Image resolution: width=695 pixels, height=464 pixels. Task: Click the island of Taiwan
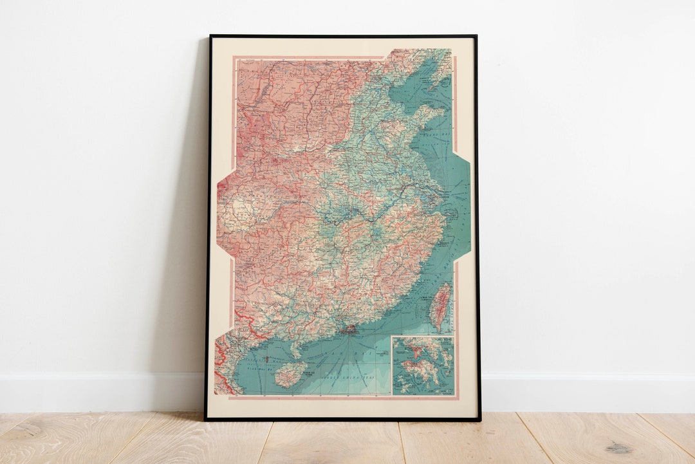(x=440, y=306)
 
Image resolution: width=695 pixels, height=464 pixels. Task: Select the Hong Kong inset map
(x=422, y=366)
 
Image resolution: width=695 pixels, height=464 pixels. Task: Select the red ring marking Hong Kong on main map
(x=351, y=329)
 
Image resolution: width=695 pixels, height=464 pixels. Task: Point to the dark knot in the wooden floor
(x=618, y=447)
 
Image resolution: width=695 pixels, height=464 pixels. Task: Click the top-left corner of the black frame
(x=210, y=36)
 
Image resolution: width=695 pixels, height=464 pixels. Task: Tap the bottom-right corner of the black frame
(x=479, y=420)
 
